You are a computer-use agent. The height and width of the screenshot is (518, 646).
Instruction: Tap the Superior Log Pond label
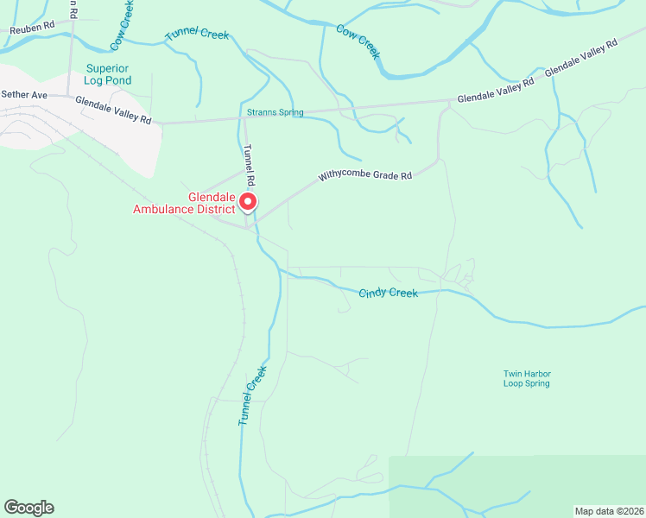108,74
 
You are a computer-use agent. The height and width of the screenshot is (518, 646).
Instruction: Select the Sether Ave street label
23,94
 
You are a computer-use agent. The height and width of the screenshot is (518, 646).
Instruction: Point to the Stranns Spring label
275,113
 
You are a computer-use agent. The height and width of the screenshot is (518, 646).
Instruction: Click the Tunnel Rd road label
250,165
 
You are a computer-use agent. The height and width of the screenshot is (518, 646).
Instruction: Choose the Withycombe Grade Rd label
364,175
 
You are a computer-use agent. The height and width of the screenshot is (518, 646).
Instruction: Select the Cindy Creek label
388,294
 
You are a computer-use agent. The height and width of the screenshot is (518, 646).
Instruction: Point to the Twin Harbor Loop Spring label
527,379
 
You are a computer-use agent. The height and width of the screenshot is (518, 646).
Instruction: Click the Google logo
28,508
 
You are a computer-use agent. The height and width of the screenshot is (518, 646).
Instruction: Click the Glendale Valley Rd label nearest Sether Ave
113,109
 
